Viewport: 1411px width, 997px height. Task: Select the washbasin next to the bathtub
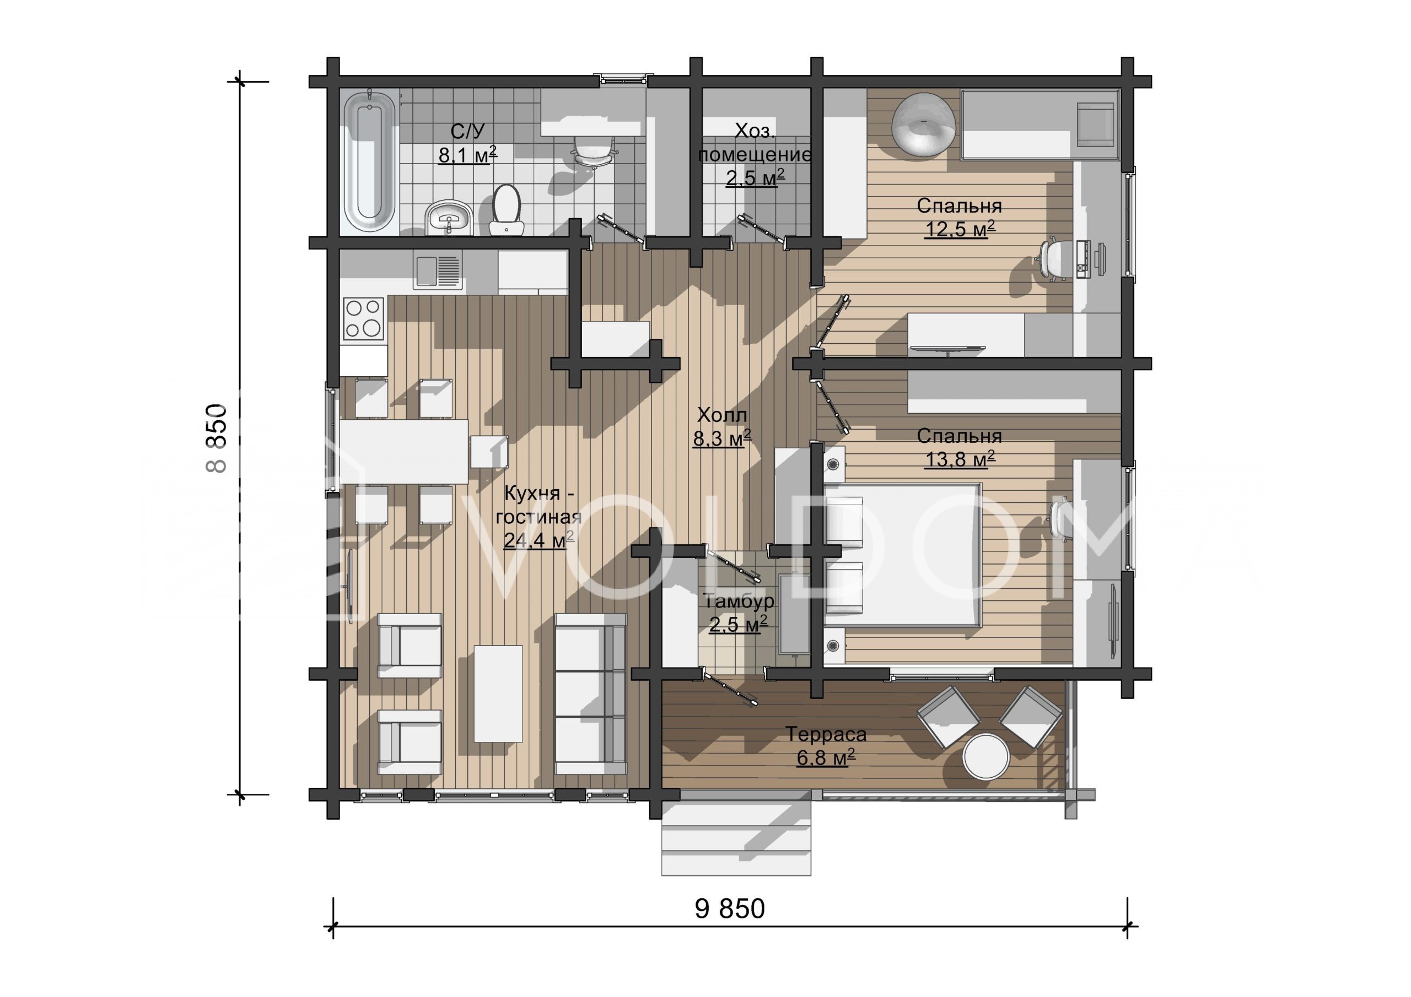click(x=448, y=218)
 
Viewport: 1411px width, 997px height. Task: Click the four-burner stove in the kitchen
click(x=364, y=318)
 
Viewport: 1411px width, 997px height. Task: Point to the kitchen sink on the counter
click(x=438, y=270)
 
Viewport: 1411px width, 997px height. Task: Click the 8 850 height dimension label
click(x=218, y=437)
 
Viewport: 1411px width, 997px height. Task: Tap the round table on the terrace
click(x=985, y=757)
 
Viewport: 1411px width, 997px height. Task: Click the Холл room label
click(x=722, y=415)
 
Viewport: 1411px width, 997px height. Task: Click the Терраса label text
click(x=826, y=734)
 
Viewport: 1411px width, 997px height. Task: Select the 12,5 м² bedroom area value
click(x=960, y=229)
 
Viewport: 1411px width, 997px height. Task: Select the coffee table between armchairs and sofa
click(x=498, y=693)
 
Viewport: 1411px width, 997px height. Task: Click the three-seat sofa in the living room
click(x=590, y=694)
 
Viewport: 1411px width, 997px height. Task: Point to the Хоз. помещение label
click(x=755, y=143)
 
